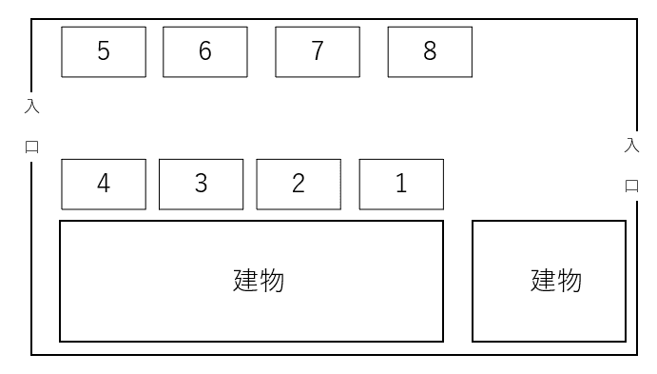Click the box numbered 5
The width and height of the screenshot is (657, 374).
pyautogui.click(x=104, y=52)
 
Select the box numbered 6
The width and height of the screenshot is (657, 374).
pyautogui.click(x=205, y=52)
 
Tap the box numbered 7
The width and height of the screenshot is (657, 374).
pyautogui.click(x=318, y=52)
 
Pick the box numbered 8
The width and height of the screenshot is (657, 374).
pyautogui.click(x=430, y=52)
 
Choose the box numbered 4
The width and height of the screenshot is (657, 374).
pyautogui.click(x=104, y=184)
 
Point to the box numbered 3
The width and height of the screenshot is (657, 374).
pyautogui.click(x=202, y=184)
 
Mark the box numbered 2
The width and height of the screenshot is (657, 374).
pyautogui.click(x=299, y=184)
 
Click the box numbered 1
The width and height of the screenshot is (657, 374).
pyautogui.click(x=401, y=184)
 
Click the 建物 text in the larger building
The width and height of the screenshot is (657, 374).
pyautogui.click(x=259, y=281)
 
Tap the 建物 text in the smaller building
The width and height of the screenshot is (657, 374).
pyautogui.click(x=556, y=281)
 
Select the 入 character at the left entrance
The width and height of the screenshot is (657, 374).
pyautogui.click(x=31, y=107)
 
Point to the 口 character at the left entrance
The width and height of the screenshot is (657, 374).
pyautogui.click(x=31, y=147)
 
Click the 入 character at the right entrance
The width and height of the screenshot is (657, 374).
pyautogui.click(x=631, y=146)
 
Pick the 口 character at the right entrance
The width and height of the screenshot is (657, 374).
pyautogui.click(x=631, y=186)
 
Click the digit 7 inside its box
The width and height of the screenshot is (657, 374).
pyautogui.click(x=318, y=50)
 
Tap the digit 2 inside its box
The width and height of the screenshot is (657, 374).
pyautogui.click(x=299, y=184)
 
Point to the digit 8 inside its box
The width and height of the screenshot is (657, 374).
pyautogui.click(x=430, y=50)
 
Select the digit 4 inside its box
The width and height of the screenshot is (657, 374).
pyautogui.click(x=104, y=184)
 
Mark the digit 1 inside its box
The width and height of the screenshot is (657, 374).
pyautogui.click(x=401, y=184)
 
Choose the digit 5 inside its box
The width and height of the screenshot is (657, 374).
pyautogui.click(x=104, y=50)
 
